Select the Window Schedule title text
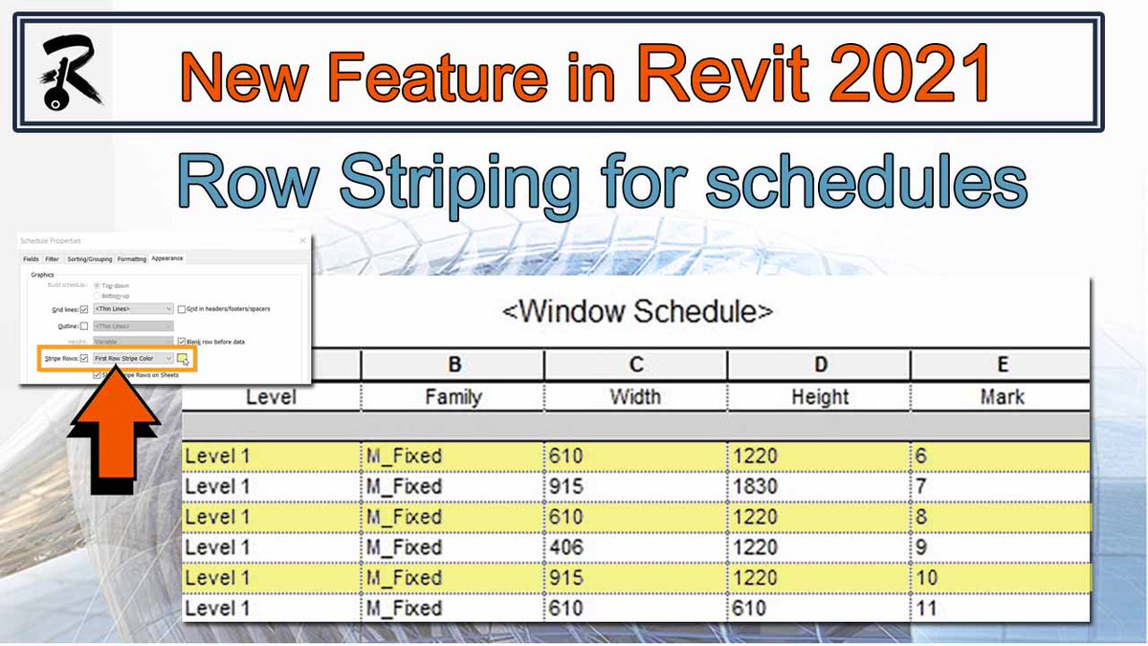[637, 311]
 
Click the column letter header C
[635, 365]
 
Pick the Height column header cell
[819, 396]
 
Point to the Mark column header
[1002, 396]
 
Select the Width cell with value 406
[566, 547]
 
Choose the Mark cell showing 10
[927, 578]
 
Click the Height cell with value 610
[753, 609]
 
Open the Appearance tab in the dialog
[166, 258]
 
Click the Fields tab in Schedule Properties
[31, 259]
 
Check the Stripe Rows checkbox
[84, 358]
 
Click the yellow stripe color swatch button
[182, 358]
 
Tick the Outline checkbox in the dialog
[84, 326]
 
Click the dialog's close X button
[302, 240]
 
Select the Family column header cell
[453, 396]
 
